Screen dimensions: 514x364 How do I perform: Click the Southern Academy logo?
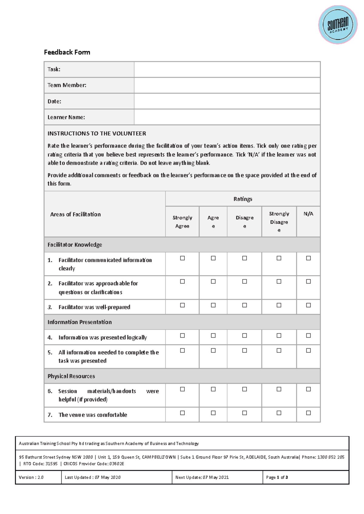coord(338,25)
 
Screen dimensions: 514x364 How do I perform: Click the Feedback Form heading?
coord(67,52)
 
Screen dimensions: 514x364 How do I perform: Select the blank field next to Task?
coord(227,69)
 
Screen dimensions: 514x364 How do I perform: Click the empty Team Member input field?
coord(227,85)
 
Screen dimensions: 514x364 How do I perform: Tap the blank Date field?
coord(227,101)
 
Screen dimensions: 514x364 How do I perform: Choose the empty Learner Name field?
coord(227,117)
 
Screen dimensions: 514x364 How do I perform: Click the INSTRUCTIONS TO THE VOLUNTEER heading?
coord(97,133)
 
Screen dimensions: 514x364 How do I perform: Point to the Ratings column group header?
coord(243,199)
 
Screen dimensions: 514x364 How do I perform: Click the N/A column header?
coord(308,214)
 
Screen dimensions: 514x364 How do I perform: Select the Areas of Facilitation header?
coord(75,214)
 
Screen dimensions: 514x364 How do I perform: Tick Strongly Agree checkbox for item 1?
coord(182,258)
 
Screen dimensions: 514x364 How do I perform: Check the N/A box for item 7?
coord(308,413)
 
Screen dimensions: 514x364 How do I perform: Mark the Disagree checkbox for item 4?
coord(244,335)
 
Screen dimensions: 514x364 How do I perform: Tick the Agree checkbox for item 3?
coord(213,305)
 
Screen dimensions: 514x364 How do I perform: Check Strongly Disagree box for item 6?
coord(279,389)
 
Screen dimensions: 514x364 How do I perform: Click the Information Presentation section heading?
coord(79,322)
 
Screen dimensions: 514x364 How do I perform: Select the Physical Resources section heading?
coord(71,376)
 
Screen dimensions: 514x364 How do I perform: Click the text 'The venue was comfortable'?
coord(93,415)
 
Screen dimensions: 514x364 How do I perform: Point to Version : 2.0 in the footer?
coord(31,477)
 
